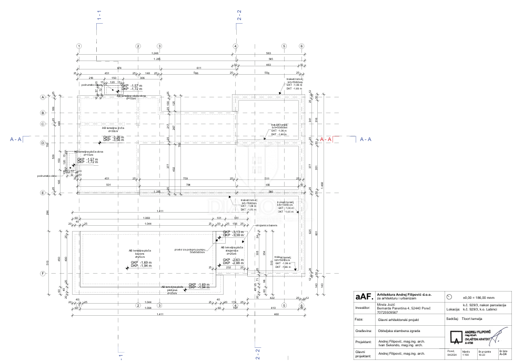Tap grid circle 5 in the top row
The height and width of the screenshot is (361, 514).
click(x=284, y=46)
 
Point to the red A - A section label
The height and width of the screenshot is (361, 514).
click(x=326, y=139)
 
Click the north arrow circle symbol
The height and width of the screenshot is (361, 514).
click(x=449, y=296)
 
